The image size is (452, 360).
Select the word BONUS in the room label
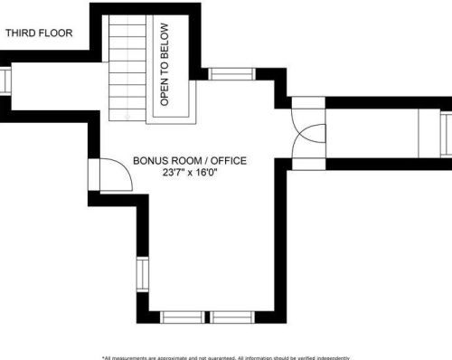[150, 161]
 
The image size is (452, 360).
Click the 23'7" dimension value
[177, 173]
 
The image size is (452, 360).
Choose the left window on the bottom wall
[186, 317]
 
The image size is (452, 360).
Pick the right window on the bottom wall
[234, 317]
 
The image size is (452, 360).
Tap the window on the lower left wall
[141, 277]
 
